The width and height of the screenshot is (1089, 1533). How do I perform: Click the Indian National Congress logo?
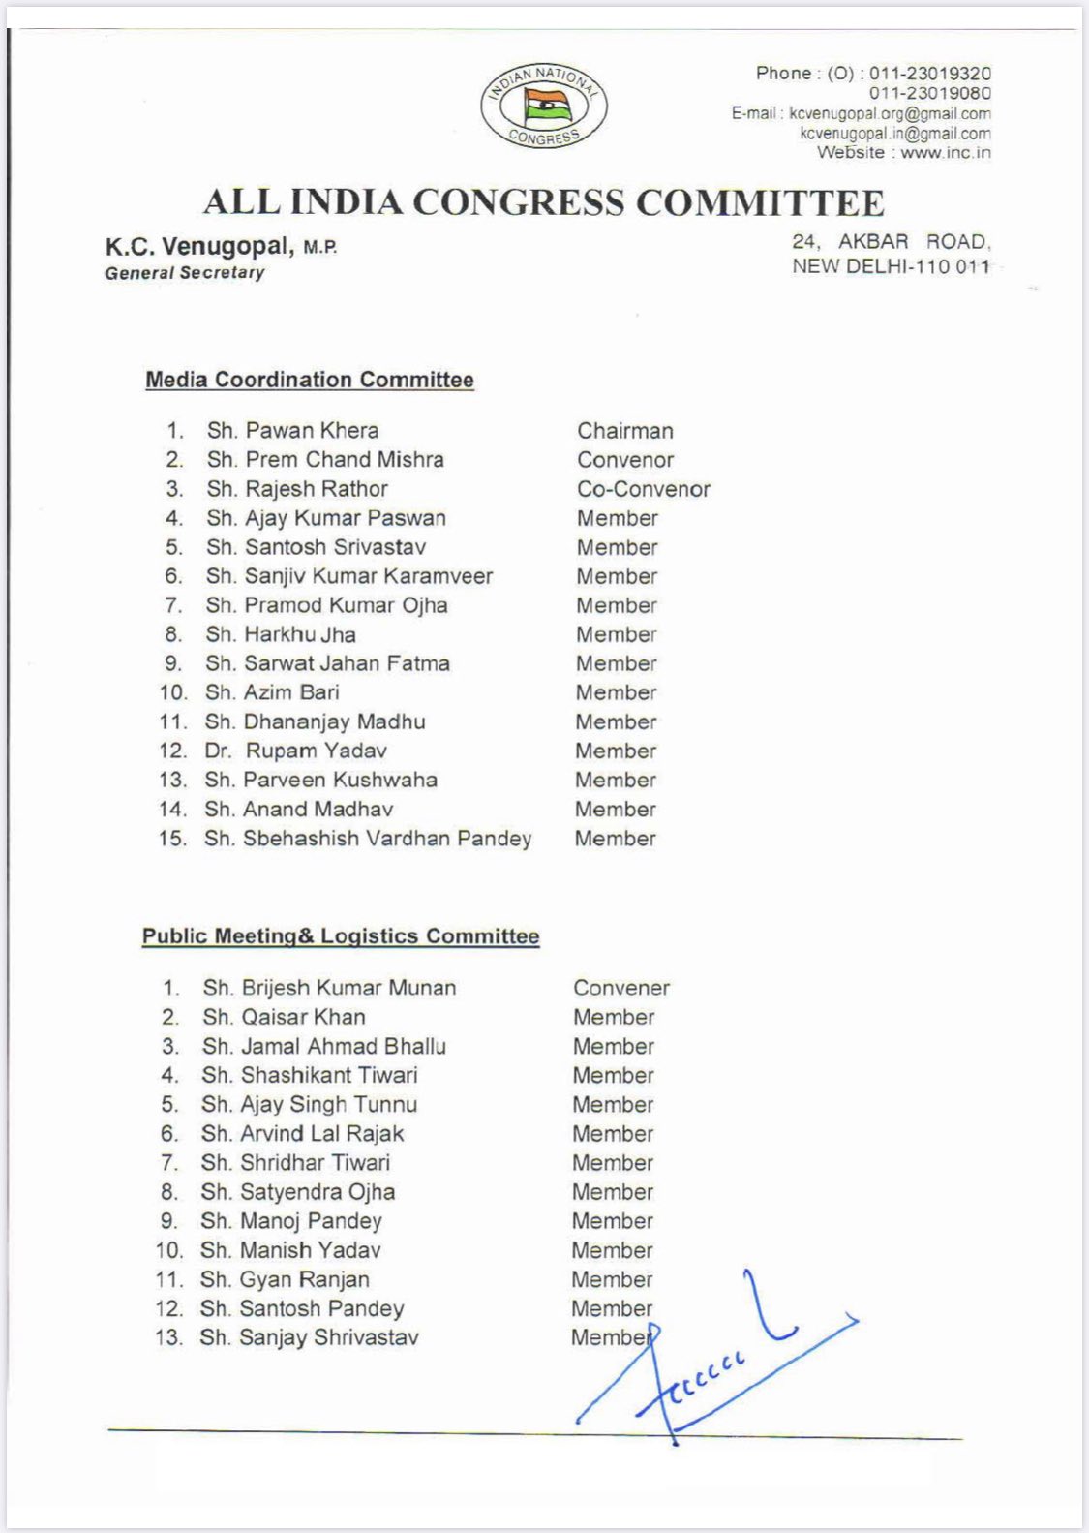[x=544, y=106]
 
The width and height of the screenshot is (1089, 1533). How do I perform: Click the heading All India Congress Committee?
[x=543, y=202]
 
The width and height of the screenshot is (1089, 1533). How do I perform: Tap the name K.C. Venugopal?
[x=198, y=247]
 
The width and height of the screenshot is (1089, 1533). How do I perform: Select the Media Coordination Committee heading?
[x=310, y=380]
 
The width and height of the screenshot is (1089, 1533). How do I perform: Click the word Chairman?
[x=625, y=431]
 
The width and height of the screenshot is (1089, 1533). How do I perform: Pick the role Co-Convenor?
[x=644, y=489]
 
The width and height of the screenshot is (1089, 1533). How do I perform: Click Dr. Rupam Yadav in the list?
[x=295, y=751]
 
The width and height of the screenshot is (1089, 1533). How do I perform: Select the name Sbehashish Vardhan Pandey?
[x=368, y=839]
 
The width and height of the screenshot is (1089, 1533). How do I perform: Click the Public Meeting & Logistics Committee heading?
[x=341, y=936]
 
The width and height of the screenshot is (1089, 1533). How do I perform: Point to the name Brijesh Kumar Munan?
[x=329, y=988]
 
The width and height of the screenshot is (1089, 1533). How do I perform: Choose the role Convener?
[x=621, y=988]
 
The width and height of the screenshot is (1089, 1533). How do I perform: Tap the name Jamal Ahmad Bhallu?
[x=324, y=1046]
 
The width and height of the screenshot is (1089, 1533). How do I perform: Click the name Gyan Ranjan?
[x=285, y=1279]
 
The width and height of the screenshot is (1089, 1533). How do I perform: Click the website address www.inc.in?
[x=946, y=153]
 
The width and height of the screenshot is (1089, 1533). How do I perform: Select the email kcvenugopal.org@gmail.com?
[x=890, y=113]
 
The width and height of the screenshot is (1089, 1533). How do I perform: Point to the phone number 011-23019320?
[x=929, y=74]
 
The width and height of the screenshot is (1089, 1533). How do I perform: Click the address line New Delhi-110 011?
[x=891, y=266]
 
